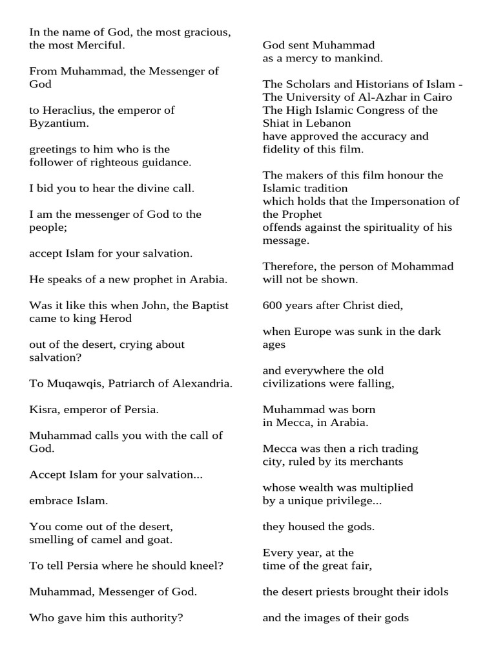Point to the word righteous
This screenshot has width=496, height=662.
[x=114, y=162]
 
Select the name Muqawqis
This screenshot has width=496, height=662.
[x=69, y=383]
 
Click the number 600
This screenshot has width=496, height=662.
[x=273, y=305]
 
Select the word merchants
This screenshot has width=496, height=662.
[x=375, y=462]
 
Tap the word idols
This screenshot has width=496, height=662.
[x=435, y=592]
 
